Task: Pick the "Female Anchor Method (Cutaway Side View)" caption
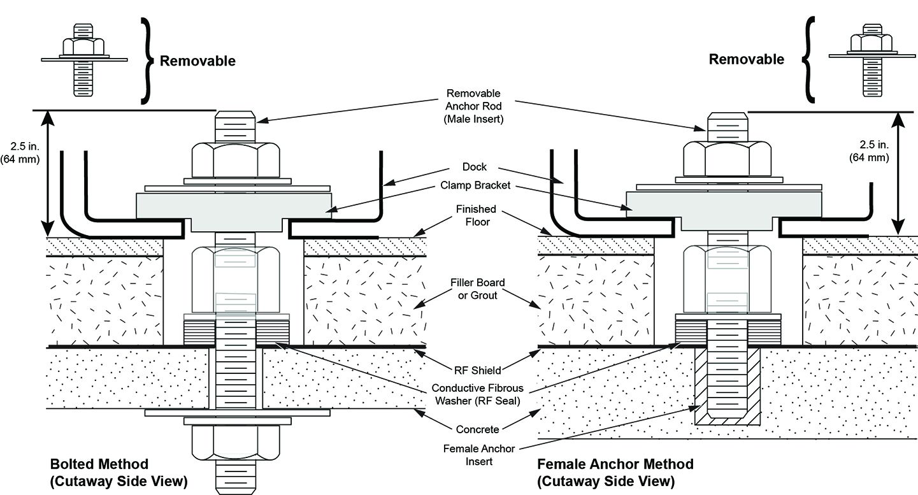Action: [x=615, y=471]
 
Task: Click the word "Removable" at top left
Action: [x=197, y=61]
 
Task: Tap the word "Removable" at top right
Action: [x=747, y=60]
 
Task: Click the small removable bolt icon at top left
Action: [x=84, y=59]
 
